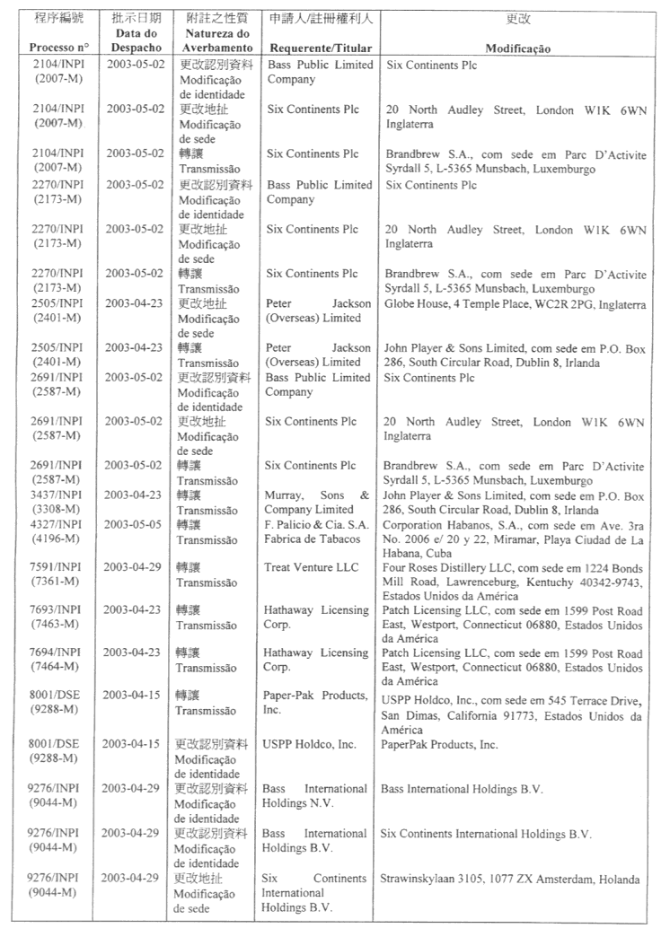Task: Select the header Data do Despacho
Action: tap(136, 39)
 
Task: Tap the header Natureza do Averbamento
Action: tap(211, 39)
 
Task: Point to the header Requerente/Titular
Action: tap(318, 47)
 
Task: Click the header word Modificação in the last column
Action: tap(518, 48)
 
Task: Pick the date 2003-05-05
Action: tap(136, 525)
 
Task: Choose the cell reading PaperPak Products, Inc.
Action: tap(439, 744)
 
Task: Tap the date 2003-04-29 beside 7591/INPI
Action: tap(136, 568)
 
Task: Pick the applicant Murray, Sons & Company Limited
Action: tap(316, 502)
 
